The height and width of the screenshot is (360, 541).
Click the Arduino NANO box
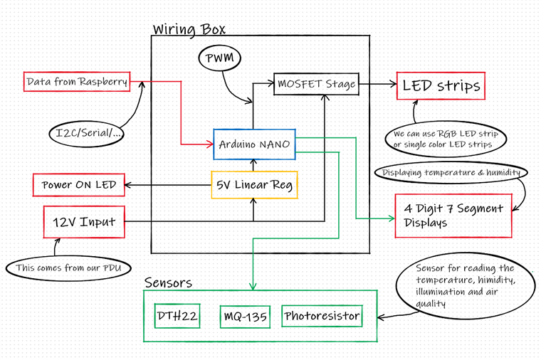pyautogui.click(x=254, y=144)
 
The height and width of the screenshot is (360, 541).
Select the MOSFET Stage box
pyautogui.click(x=315, y=84)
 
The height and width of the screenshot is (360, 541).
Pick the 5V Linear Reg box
pyautogui.click(x=254, y=186)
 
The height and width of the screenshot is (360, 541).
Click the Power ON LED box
pyautogui.click(x=78, y=185)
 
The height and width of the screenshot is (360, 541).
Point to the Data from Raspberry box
pyautogui.click(x=77, y=82)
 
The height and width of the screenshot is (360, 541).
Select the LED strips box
pyautogui.click(x=441, y=87)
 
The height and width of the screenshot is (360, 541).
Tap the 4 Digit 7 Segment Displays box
pyautogui.click(x=453, y=216)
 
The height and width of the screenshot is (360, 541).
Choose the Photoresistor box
pyautogui.click(x=321, y=315)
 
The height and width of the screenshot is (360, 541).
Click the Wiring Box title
pyautogui.click(x=189, y=29)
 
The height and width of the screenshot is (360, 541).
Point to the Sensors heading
pyautogui.click(x=168, y=282)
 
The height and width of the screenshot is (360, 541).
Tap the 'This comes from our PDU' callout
pyautogui.click(x=63, y=269)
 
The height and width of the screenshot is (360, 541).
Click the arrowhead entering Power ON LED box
pyautogui.click(x=129, y=186)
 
